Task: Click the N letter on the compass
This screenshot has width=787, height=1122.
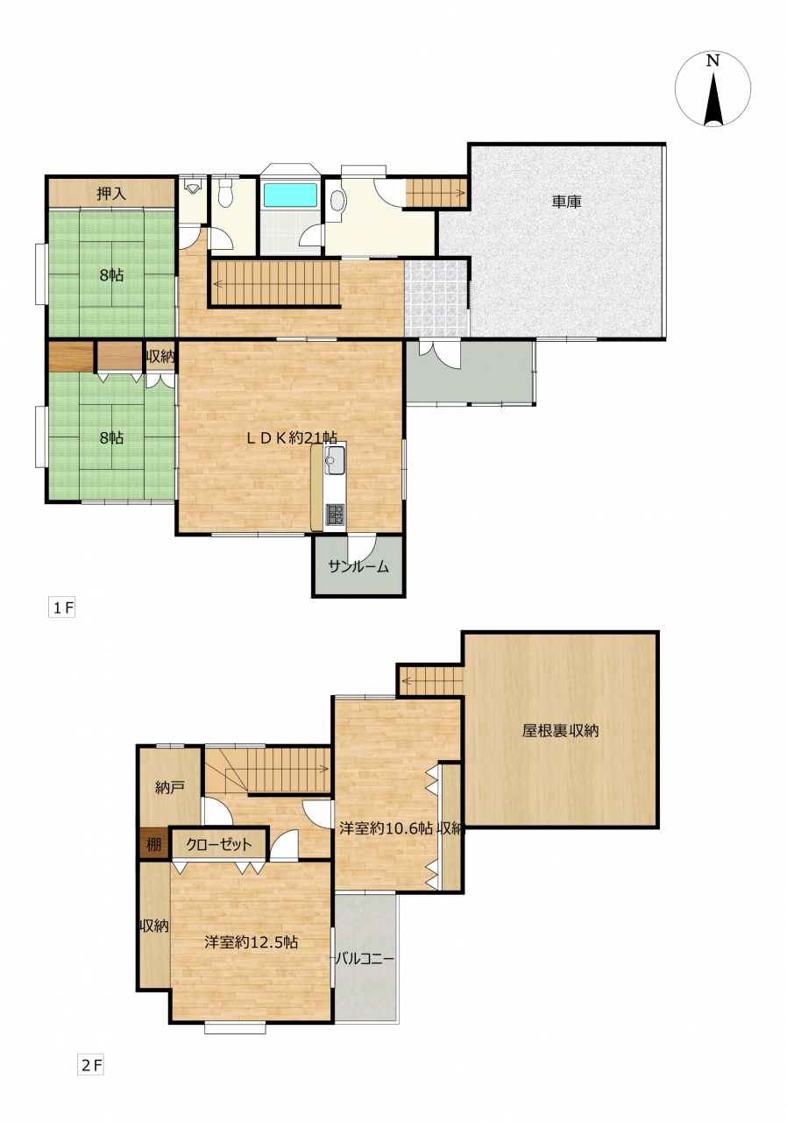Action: [x=713, y=60]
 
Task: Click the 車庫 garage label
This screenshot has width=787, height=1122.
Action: [x=566, y=202]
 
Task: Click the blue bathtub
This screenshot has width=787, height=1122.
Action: [x=291, y=195]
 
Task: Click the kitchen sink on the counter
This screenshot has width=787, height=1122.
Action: [x=333, y=460]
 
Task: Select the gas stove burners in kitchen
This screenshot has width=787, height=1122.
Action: [x=335, y=514]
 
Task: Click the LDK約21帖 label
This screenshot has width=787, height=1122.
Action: [x=291, y=437]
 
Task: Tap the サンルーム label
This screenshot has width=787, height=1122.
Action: [x=358, y=566]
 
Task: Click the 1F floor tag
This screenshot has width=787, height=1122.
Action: [x=62, y=608]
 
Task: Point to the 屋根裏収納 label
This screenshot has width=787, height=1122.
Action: [x=560, y=731]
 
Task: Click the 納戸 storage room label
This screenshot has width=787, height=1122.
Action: [x=170, y=788]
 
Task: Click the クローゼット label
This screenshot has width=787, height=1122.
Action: [x=219, y=844]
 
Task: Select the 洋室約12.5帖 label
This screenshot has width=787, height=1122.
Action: [x=251, y=942]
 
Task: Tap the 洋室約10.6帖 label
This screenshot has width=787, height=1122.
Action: [x=386, y=828]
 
